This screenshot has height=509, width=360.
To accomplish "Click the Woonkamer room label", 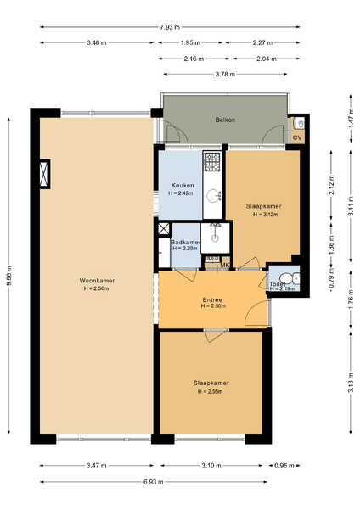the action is click(x=97, y=281).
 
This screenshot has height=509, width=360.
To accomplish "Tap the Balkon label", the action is click(x=225, y=120).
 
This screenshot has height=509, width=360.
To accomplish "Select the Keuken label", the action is click(x=183, y=185).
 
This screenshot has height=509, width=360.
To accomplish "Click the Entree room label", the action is click(x=212, y=300).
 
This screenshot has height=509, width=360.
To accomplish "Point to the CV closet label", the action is click(x=297, y=137).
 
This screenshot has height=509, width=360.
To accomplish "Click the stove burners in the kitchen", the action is click(x=211, y=161).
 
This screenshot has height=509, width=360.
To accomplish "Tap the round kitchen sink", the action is click(x=213, y=195).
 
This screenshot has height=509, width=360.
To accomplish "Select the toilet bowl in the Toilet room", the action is click(x=285, y=278).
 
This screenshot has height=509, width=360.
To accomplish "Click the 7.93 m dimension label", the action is click(x=170, y=27).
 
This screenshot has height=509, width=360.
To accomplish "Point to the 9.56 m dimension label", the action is click(x=8, y=276).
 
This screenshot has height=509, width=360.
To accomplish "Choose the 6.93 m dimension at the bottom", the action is click(x=154, y=482).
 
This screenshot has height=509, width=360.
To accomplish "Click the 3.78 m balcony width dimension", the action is click(x=225, y=74).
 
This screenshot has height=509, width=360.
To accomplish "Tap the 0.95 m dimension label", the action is click(x=284, y=466).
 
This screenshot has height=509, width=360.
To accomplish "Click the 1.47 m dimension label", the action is click(x=351, y=118).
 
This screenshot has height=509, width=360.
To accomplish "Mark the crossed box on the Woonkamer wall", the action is click(x=44, y=174).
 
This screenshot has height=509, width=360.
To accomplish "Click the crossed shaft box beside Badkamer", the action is click(x=164, y=229).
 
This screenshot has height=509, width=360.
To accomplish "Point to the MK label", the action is click(x=225, y=266).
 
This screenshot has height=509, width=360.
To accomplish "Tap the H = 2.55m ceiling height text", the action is click(x=211, y=391).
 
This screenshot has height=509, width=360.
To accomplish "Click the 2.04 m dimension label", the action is click(x=267, y=59).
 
